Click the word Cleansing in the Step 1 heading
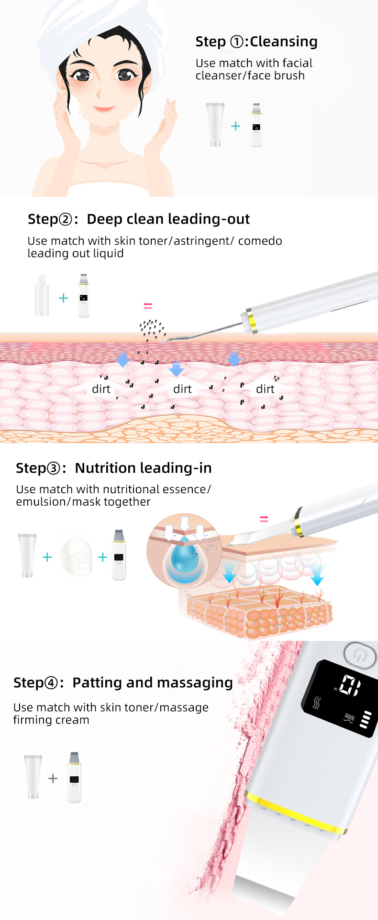284,42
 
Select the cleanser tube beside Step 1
215,124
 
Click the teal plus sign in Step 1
235,126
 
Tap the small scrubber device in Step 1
256,125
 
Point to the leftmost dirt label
101,389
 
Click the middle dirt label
182,389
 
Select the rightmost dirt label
265,389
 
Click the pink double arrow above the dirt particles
148,306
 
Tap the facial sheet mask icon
77,556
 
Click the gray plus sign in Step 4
53,779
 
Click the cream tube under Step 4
33,777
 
